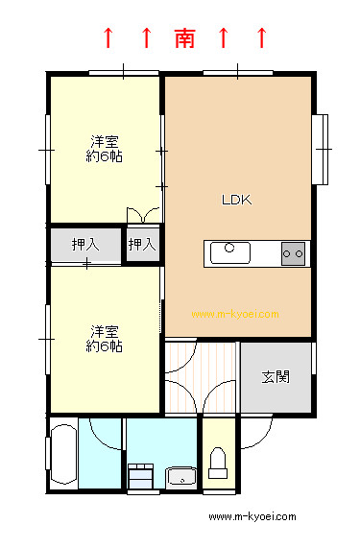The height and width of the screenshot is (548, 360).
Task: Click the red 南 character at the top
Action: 184,38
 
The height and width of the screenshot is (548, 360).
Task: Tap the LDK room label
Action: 236,200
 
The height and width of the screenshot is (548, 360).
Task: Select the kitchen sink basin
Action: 230,252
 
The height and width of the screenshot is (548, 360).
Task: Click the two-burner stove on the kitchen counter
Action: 293,253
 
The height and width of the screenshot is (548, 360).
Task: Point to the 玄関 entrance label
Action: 276,377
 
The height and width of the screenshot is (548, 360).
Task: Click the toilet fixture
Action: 218,463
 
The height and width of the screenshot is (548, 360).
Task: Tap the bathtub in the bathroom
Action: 64,454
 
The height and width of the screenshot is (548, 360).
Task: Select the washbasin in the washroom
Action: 181,477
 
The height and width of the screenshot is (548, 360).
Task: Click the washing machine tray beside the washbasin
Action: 140,476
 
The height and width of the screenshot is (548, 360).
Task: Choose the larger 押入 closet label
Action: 85,245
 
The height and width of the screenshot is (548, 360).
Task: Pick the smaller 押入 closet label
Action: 142,244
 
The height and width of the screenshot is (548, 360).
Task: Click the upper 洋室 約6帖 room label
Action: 104,149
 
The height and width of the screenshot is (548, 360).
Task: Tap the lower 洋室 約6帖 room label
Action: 104,339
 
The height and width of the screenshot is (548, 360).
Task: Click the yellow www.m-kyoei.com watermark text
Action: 235,314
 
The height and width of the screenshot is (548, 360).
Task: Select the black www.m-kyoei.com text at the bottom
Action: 252,516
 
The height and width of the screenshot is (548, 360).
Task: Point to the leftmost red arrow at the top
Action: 108,38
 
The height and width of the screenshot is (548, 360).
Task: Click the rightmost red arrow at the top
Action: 261,38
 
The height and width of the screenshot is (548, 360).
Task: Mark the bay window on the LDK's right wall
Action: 320,149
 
